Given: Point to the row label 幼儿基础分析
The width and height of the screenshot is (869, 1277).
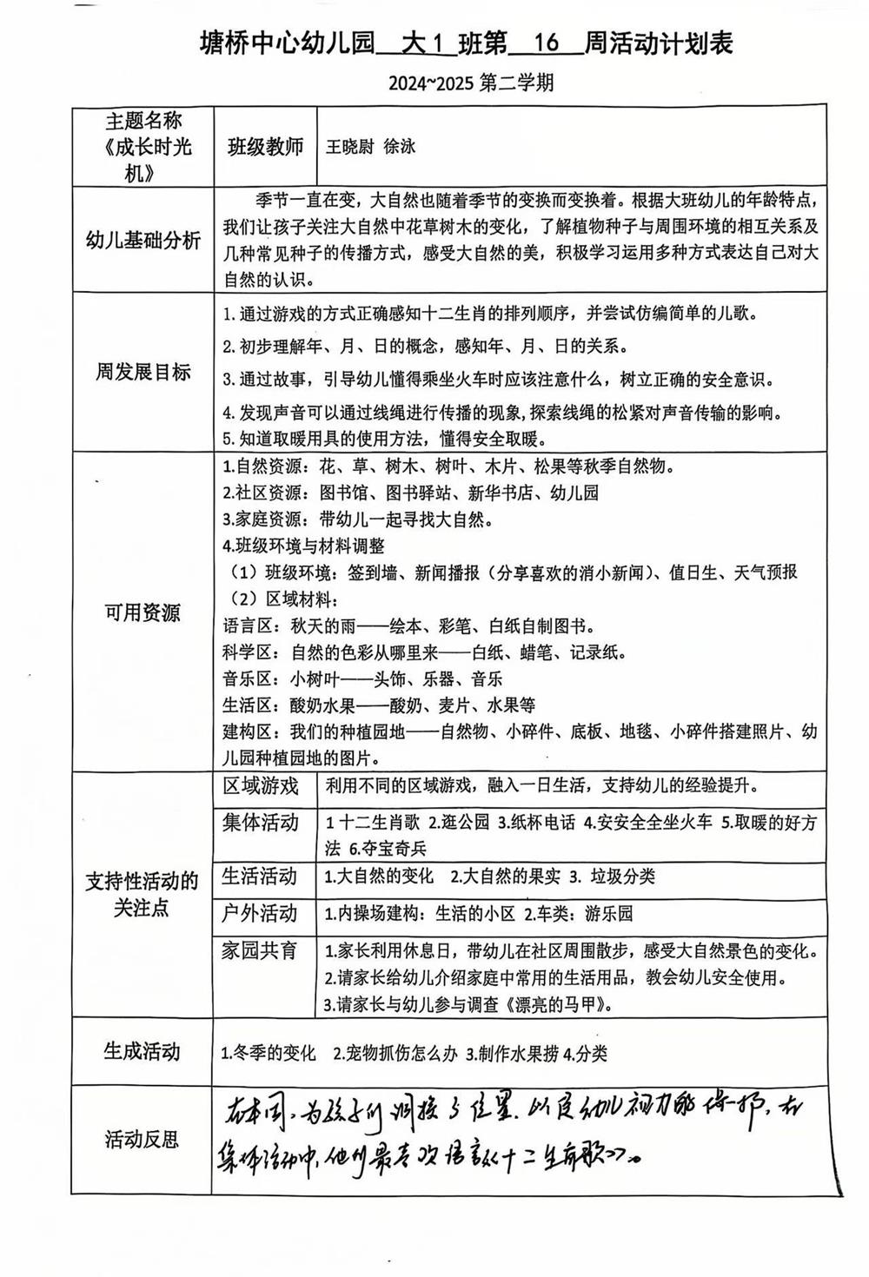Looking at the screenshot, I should tap(143, 241).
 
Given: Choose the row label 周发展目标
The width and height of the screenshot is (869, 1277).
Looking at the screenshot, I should tap(143, 373).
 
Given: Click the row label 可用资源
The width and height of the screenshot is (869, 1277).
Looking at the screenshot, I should tap(143, 612).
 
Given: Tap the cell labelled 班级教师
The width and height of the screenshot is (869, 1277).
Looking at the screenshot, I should tap(265, 146).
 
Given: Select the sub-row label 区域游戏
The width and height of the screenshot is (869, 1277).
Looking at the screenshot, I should tap(261, 786).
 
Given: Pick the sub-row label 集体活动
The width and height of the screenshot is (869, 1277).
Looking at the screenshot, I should tap(261, 822).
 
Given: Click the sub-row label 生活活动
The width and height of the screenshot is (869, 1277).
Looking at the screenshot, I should tap(260, 876).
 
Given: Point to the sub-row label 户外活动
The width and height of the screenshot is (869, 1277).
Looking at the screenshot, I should tap(260, 913).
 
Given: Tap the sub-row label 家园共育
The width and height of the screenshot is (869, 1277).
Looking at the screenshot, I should tap(260, 949).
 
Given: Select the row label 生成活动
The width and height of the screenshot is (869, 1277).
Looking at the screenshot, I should tap(143, 1051).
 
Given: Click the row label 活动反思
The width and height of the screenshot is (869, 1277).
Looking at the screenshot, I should tap(143, 1139).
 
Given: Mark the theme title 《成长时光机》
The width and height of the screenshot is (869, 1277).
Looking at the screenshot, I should tap(143, 159).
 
